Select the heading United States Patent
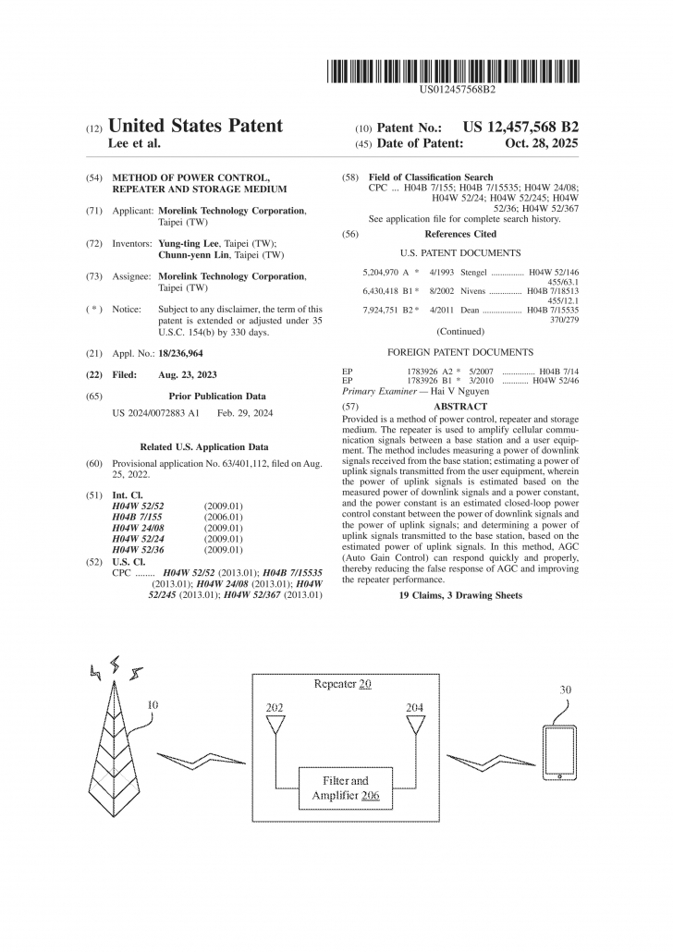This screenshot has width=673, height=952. pos(195,126)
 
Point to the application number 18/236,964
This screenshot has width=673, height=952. pos(181,353)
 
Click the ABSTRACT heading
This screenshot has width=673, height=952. pos(460,407)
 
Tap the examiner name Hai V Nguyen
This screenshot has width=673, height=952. pos(456,391)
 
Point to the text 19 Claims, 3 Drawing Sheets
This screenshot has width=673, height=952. pos(459,596)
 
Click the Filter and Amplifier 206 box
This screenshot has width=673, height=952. pos(346,787)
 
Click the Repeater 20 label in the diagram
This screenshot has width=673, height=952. pos(343,685)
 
